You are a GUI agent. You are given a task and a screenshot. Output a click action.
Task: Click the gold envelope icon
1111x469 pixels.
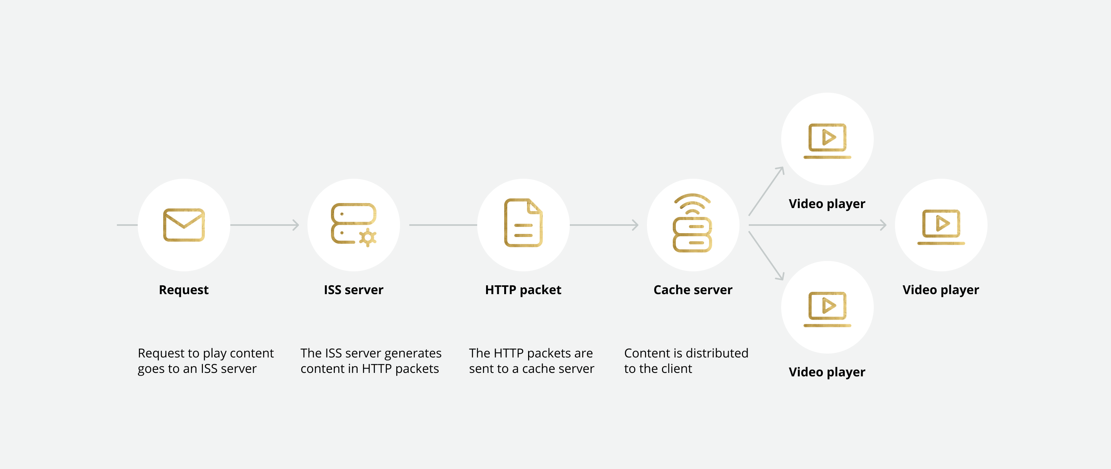point(184,225)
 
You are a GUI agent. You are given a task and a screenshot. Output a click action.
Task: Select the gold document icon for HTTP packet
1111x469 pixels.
point(523,223)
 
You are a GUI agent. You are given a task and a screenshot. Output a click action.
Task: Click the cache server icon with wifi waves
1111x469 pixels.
point(692,223)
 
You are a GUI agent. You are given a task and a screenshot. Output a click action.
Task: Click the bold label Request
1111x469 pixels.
point(184,290)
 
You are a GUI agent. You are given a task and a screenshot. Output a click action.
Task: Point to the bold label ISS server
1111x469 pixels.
point(353,290)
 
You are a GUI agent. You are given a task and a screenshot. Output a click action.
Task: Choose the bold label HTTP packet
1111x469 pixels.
point(523,290)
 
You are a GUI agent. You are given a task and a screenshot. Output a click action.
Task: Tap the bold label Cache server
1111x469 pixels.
point(693,290)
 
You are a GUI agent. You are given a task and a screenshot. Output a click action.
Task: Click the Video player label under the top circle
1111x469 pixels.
point(827,204)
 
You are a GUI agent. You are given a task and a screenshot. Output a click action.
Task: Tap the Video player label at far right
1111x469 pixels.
point(940,290)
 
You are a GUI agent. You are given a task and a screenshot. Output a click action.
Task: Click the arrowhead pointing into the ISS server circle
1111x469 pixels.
point(296,225)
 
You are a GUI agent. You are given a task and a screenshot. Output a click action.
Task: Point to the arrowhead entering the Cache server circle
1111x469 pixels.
point(635,225)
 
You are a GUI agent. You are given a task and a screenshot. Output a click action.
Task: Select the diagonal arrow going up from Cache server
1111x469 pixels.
point(766,191)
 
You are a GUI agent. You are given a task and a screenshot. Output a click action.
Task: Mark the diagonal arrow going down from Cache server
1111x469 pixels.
point(766,256)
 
